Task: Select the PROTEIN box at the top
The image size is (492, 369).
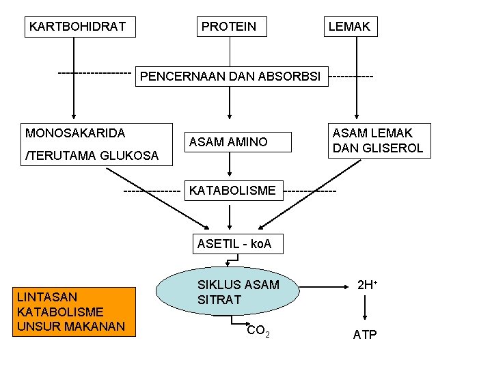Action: tap(230, 27)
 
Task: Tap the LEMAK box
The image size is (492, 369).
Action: tap(349, 27)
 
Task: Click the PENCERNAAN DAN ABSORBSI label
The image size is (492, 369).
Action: tap(230, 76)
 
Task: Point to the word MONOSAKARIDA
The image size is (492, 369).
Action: tap(75, 132)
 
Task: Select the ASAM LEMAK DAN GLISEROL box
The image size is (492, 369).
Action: tap(378, 140)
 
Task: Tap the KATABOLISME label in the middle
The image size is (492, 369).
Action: tap(232, 189)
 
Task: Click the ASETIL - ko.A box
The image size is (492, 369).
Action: tap(234, 243)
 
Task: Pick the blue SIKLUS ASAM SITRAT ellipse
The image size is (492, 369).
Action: tap(229, 292)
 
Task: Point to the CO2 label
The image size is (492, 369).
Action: tap(258, 331)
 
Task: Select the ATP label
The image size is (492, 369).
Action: tap(365, 335)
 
